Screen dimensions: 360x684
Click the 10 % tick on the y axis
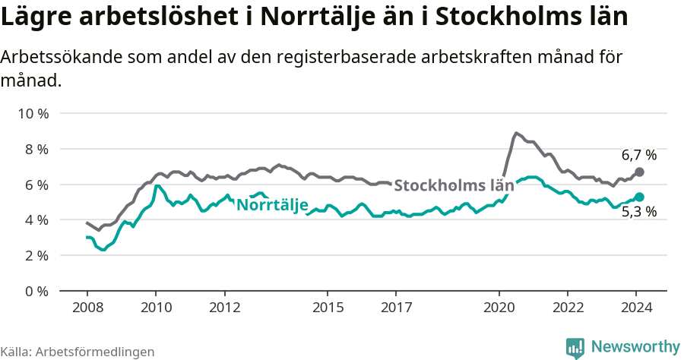coord(33,114)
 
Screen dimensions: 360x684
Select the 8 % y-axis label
coord(36,149)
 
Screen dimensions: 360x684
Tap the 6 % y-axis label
coord(36,185)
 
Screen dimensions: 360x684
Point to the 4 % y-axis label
coord(36,219)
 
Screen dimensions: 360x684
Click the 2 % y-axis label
coord(36,255)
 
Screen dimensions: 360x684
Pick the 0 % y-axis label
coord(36,291)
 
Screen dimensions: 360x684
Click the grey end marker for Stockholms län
coord(639,172)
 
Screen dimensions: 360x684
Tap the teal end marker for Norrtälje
coord(639,197)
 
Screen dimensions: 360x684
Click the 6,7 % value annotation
coord(638,156)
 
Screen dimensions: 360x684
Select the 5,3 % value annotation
coord(638,213)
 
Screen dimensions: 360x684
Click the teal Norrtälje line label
coord(272,205)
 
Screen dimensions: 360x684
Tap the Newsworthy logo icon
coord(575,347)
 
